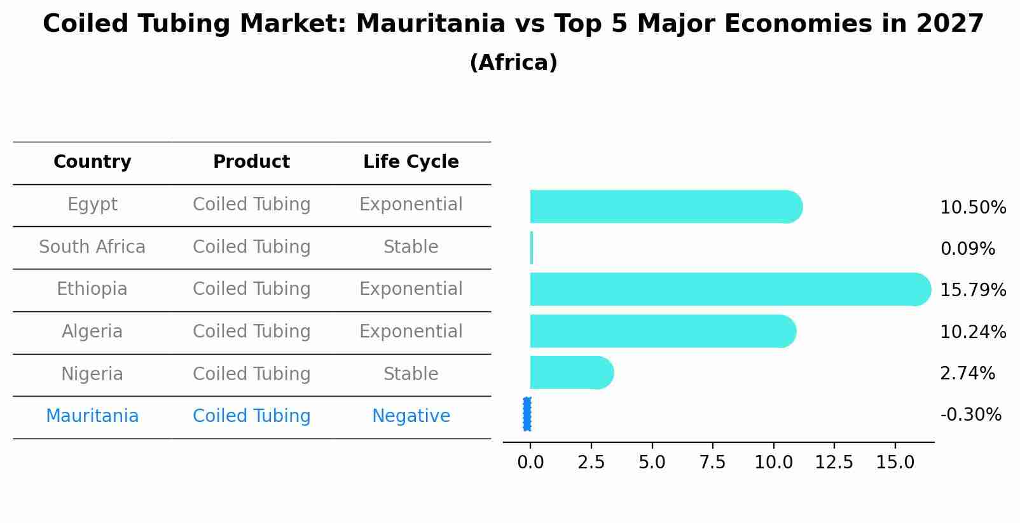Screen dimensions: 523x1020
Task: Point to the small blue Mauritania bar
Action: tap(527, 414)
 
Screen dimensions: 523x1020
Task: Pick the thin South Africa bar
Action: tap(532, 248)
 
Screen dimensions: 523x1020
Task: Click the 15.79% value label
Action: tap(972, 290)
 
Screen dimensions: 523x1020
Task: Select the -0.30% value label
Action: tap(970, 415)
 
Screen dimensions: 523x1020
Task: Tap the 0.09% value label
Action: tap(967, 249)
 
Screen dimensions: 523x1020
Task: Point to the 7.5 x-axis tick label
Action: tap(712, 463)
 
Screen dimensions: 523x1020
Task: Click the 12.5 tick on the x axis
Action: tap(834, 463)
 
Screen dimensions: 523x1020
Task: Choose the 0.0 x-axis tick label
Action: tap(530, 463)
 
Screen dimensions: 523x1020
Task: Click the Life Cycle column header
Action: tap(411, 162)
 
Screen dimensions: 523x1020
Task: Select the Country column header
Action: tap(92, 162)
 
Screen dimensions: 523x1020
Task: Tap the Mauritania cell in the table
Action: tap(92, 416)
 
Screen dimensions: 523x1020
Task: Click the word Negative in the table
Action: tap(411, 416)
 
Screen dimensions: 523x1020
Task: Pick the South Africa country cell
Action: tap(92, 247)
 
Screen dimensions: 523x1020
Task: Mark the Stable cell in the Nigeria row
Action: tap(411, 374)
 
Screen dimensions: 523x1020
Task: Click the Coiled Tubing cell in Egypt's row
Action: tap(251, 205)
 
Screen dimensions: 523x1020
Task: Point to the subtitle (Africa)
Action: tap(513, 63)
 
